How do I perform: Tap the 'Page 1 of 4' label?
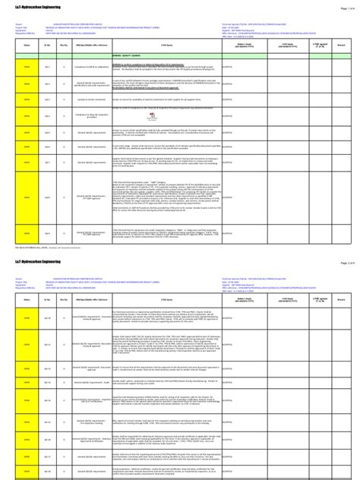pyautogui.click(x=343, y=7)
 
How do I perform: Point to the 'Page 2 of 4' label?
pyautogui.click(x=343, y=263)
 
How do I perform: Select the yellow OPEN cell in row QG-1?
pyautogui.click(x=26, y=67)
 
